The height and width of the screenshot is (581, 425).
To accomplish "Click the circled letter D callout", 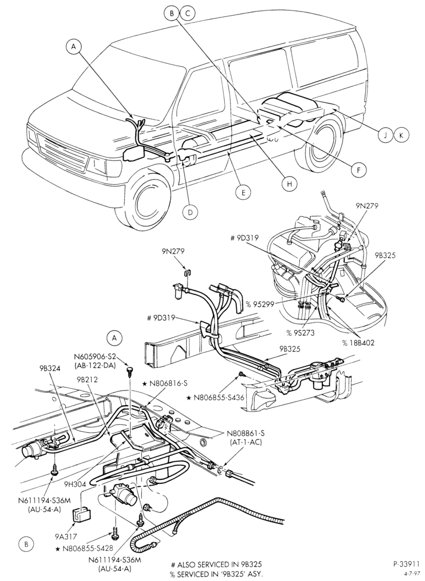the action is click(190, 212).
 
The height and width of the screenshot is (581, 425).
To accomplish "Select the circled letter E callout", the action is click(243, 192).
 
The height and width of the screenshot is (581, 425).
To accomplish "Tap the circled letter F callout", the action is click(358, 170).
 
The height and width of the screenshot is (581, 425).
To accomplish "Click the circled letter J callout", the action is click(386, 135).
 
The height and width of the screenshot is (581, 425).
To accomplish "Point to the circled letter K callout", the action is click(401, 135).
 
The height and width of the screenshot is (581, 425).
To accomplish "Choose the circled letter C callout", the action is click(188, 14).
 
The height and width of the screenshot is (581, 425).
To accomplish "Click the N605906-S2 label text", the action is click(95, 357).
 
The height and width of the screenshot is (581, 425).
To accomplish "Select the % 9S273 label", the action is click(300, 333).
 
